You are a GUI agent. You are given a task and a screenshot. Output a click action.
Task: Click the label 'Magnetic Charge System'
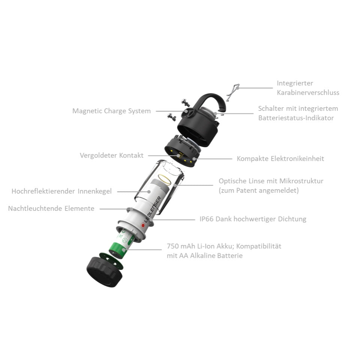[112, 111]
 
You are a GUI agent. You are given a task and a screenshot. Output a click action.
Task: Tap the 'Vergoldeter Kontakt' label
[112, 155]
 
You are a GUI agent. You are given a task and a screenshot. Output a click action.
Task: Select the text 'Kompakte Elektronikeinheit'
[280, 158]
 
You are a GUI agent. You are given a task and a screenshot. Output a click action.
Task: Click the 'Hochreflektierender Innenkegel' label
[61, 191]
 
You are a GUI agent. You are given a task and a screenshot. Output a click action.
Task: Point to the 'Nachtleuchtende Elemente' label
[51, 208]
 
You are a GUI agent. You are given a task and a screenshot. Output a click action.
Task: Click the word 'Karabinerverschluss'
[308, 93]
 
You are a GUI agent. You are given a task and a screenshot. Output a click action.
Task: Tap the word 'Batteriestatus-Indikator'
[296, 118]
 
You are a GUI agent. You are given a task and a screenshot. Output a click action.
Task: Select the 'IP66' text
[206, 219]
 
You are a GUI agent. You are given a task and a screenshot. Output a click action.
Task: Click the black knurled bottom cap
[104, 272]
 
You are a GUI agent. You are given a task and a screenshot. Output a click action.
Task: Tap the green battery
[121, 243]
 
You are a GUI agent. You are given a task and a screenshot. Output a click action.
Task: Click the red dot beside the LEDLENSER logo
[143, 225]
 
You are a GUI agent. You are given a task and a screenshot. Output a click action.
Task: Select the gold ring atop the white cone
[165, 179]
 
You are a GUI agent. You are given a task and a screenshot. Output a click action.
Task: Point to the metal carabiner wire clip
[232, 92]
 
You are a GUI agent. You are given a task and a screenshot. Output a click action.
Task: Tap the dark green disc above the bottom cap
[111, 261]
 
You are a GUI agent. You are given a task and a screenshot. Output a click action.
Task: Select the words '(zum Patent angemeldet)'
[259, 191]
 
